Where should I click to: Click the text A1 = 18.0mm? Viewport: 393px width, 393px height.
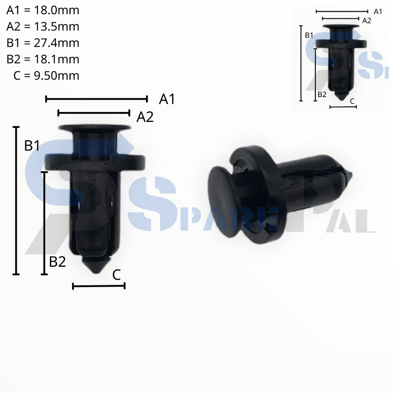coord(43,10)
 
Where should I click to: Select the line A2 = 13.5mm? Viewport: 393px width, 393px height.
coord(43,26)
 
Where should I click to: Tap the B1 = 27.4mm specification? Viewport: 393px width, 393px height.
coord(43,43)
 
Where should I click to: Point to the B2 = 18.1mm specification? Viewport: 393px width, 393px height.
coord(43,59)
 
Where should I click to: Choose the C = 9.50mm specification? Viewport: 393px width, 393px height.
coord(46,76)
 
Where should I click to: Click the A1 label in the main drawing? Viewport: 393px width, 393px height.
coord(167,99)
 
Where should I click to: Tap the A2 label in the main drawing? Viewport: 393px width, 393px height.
coord(145,117)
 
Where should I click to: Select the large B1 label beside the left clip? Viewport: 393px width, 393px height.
coord(32,146)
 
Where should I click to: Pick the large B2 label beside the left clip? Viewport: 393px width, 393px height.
coord(58,262)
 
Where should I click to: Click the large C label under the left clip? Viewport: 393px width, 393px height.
coord(117,275)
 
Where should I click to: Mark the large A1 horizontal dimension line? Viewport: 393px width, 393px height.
coord(96,99)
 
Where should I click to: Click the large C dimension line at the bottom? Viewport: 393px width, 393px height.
coord(99,286)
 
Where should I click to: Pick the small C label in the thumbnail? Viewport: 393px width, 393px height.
coord(352,101)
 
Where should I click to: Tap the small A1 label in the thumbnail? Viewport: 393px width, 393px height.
coord(378,12)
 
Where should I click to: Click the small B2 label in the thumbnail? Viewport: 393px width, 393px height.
coord(322,94)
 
